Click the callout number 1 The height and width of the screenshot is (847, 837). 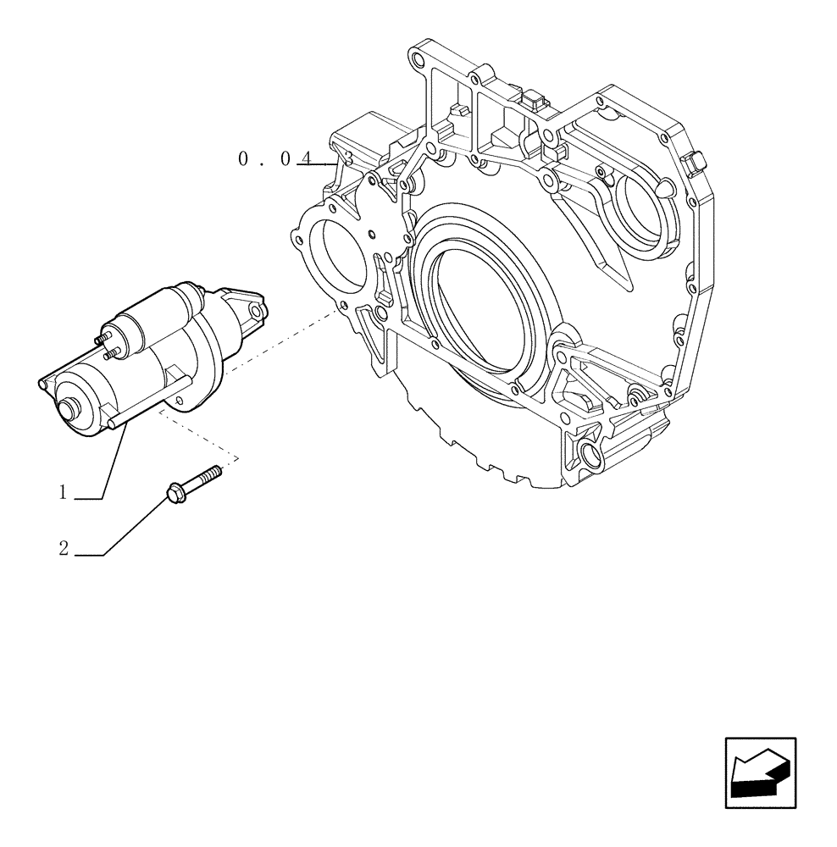[x=63, y=493]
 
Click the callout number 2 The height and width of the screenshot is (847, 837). [x=64, y=548]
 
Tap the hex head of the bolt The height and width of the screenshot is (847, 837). [x=175, y=490]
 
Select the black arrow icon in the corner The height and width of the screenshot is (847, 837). [x=760, y=772]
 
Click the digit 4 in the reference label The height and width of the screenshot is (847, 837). [x=308, y=158]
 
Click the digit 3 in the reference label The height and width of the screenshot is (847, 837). [x=346, y=158]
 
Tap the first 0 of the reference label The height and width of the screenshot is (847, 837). [x=244, y=158]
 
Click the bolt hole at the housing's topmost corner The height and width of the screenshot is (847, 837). [x=414, y=60]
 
